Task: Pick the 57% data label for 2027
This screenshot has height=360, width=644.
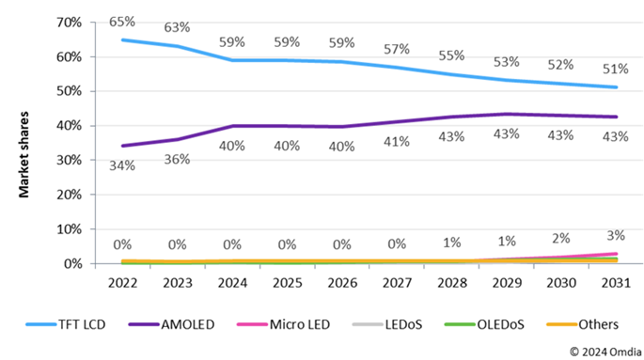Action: click(x=397, y=49)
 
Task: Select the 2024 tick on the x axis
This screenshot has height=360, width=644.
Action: click(x=233, y=281)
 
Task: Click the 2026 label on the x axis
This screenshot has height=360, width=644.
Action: click(x=342, y=281)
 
